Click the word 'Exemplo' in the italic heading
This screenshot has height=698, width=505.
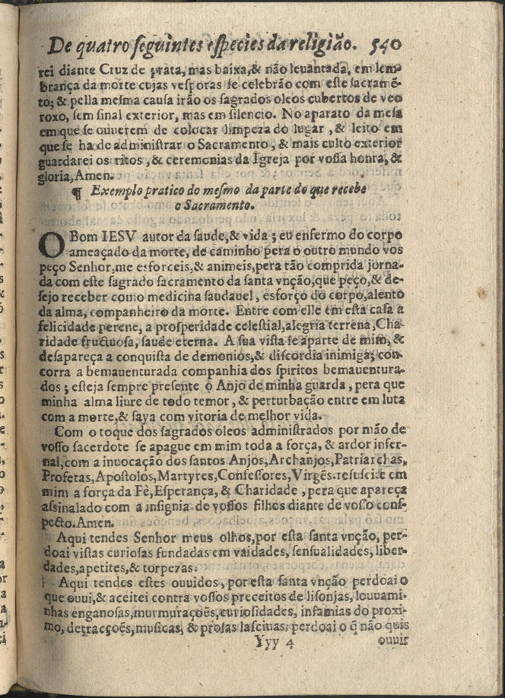(x=116, y=192)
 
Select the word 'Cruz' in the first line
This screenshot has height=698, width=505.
(x=111, y=67)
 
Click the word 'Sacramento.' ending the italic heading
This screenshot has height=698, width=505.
(x=223, y=206)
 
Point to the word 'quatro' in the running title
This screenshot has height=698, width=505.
(x=110, y=47)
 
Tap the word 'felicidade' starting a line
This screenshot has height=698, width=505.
(x=72, y=326)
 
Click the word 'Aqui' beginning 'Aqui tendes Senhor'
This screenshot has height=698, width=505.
(x=71, y=537)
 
